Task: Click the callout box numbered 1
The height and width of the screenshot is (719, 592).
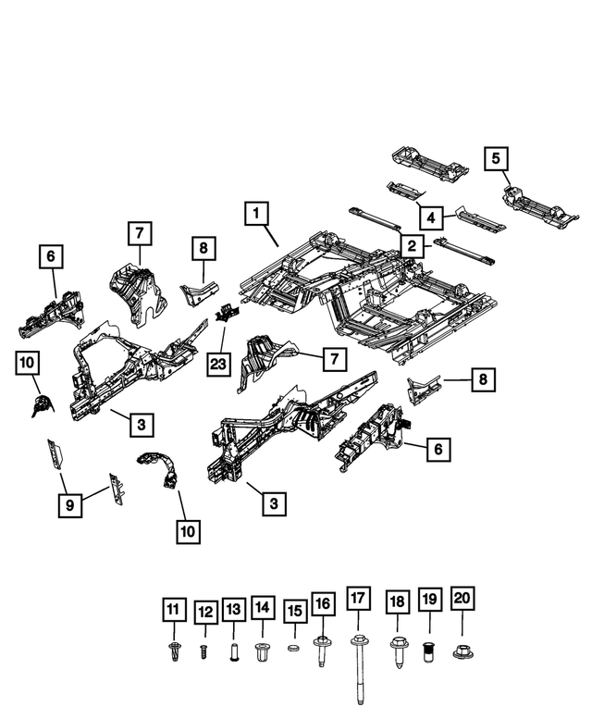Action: (258, 215)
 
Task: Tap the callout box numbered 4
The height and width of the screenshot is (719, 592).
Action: (429, 217)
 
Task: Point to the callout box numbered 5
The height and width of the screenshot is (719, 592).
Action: (496, 158)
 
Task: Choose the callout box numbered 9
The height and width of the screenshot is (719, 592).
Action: (68, 505)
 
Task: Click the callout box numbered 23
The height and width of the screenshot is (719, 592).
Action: (217, 364)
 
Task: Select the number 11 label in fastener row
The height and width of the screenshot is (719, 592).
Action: (172, 610)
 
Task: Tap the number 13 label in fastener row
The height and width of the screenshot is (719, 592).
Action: (233, 609)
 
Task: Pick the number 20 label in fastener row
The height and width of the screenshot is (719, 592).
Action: (462, 599)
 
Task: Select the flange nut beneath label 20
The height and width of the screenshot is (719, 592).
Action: (462, 651)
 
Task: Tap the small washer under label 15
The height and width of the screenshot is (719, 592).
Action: (294, 650)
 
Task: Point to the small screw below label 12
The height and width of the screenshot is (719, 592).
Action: (203, 651)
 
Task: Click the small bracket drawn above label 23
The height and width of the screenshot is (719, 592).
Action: (223, 315)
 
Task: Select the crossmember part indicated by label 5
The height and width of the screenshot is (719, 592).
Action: (532, 205)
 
